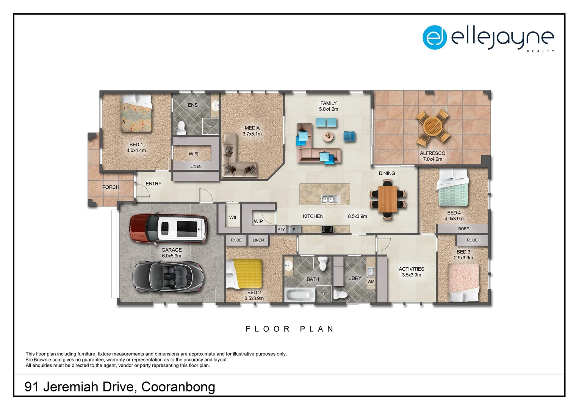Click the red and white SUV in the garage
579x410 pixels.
[169, 228]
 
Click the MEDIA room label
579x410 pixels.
[252, 128]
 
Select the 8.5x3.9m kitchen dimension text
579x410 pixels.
[357, 216]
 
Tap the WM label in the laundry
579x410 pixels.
[371, 282]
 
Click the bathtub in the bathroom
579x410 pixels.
[299, 295]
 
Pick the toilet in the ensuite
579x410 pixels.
[182, 127]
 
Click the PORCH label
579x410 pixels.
[111, 187]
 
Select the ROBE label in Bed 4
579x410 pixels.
[463, 229]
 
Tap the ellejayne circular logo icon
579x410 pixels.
[435, 37]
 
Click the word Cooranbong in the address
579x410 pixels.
[178, 387]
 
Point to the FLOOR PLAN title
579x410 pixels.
[290, 329]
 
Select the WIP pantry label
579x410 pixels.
[258, 221]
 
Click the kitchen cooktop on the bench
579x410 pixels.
[327, 229]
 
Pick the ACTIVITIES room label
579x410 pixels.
[411, 269]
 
